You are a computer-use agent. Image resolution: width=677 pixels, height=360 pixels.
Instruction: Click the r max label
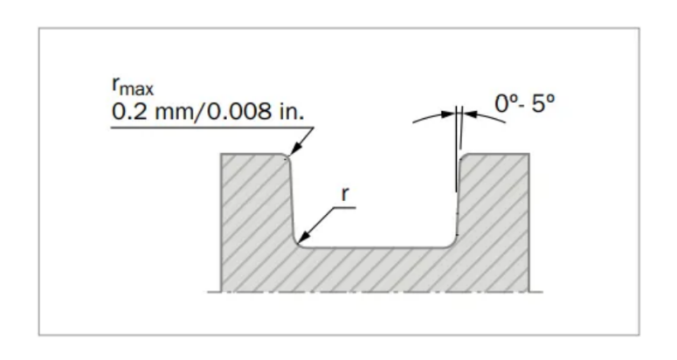[x=133, y=87]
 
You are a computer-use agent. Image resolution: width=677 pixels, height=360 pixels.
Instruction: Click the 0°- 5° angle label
[x=524, y=104]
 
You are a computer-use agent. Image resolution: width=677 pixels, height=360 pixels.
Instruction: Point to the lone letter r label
[x=344, y=194]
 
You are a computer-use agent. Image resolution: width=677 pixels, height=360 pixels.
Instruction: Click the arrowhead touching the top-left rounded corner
[x=295, y=149]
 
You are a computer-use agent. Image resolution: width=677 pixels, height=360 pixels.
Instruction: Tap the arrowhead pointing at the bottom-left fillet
[x=304, y=237]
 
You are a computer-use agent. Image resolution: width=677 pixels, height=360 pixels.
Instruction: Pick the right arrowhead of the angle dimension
[x=470, y=114]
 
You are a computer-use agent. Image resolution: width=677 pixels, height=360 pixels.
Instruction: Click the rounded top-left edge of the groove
[x=287, y=156]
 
